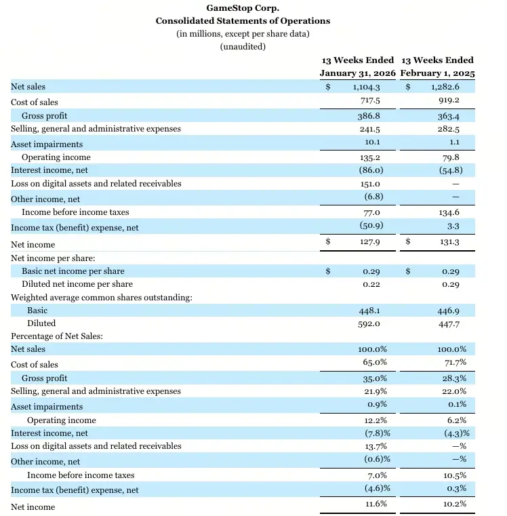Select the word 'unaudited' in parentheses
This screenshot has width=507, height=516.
pos(243,47)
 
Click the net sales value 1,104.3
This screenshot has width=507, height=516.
pos(367,87)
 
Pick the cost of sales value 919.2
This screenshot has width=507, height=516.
pos(449,101)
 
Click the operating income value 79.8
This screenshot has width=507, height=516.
pos(451,157)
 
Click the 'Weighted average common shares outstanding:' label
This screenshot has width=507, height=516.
pos(101,297)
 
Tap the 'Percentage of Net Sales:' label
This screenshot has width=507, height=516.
pos(56,336)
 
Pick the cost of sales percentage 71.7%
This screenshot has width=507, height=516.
pos(453,364)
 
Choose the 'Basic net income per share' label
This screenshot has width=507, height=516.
pos(73,271)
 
